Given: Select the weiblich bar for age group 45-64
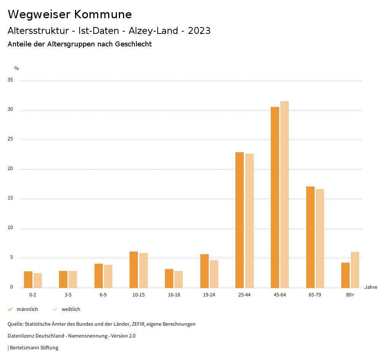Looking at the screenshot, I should tap(285, 194).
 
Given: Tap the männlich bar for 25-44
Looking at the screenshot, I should tap(240, 220).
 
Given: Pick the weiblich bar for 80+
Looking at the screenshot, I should tap(355, 270).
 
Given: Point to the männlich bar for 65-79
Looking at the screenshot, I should tap(310, 237).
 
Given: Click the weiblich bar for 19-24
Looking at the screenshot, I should tap(214, 274).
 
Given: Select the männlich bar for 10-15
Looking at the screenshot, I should tap(134, 269).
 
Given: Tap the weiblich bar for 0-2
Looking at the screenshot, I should tap(38, 280).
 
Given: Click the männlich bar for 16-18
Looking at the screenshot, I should tap(169, 278).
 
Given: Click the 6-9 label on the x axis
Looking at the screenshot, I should tap(103, 295).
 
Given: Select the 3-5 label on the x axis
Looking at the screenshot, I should tap(68, 295).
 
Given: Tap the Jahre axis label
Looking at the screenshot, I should tap(371, 287).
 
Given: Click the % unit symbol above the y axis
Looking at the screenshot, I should tap(17, 68).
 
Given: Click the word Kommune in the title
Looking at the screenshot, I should tap(103, 14).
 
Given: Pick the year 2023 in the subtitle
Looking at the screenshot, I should tap(199, 31).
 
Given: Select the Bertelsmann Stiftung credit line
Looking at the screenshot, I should tap(33, 347).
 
